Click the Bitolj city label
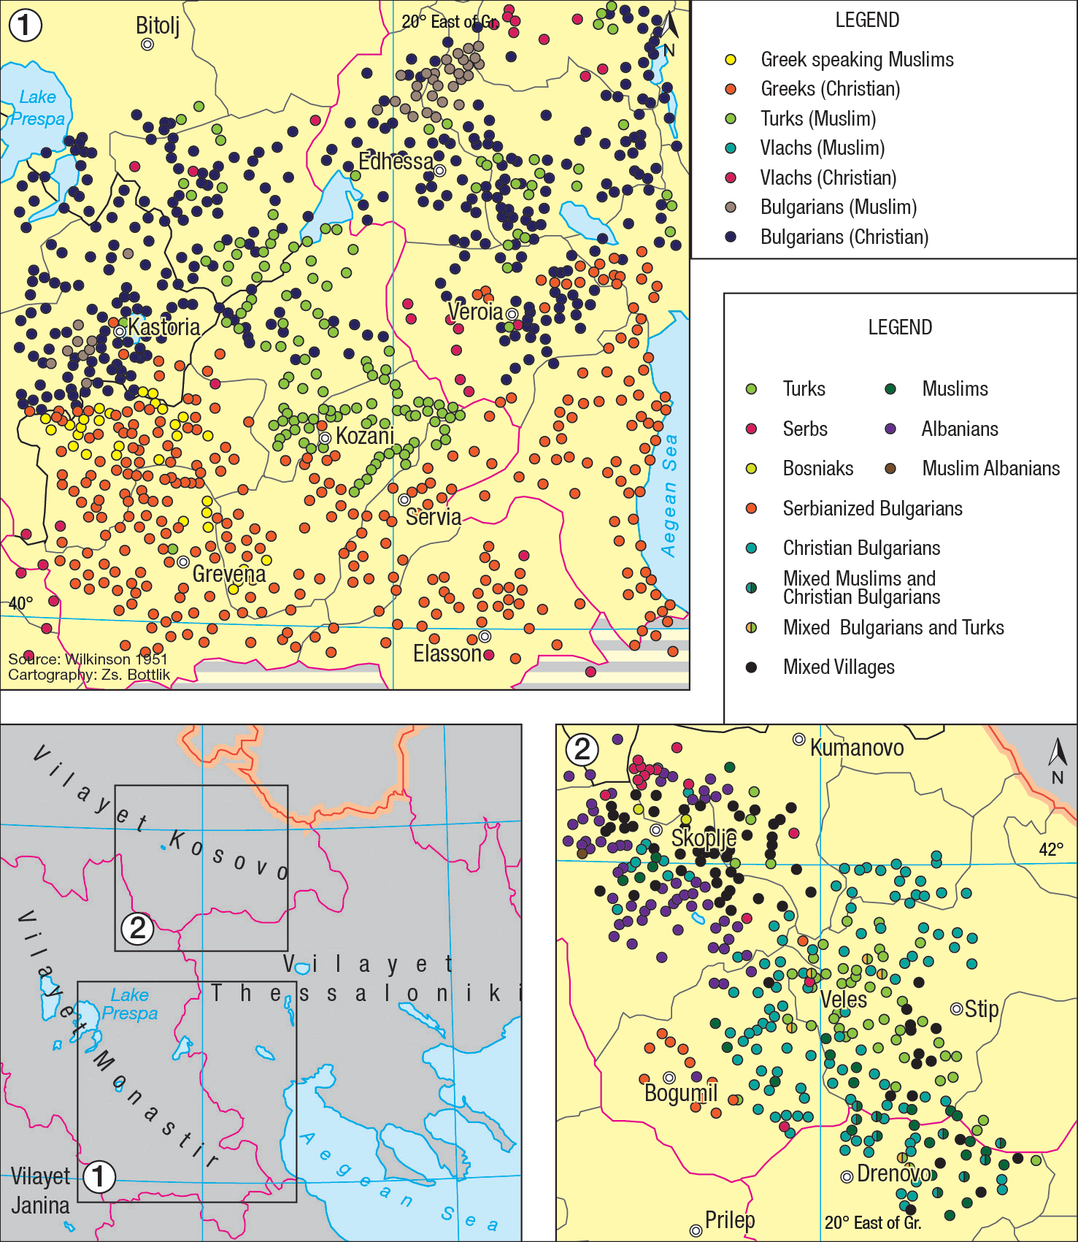157,26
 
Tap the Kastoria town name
164,327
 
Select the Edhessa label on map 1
396,161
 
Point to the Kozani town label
365,437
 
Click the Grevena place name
229,574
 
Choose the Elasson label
447,653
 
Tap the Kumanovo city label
857,748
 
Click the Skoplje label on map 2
704,837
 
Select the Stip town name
982,1009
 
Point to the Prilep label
730,1220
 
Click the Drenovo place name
894,1173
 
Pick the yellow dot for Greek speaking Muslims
731,60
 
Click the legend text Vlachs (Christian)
828,177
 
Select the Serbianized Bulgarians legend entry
872,508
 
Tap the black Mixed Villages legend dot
751,667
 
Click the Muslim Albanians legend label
990,468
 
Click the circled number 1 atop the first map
26,26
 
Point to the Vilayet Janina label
41,1190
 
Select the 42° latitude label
1051,849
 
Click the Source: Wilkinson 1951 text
88,659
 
